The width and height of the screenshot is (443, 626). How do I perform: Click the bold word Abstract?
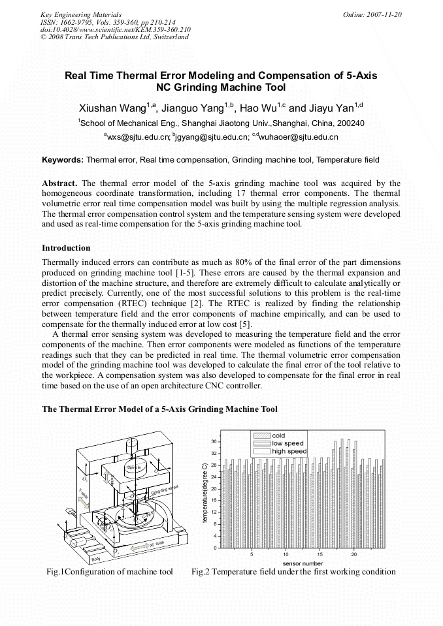pos(60,183)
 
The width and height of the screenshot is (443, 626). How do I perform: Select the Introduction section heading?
pos(66,248)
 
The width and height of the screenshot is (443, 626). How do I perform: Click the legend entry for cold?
pos(278,435)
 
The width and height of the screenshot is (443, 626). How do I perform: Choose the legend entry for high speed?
pos(289,451)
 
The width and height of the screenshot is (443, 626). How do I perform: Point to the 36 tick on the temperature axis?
pos(214,442)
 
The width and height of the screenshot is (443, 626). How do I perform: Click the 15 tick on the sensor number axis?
pos(320,554)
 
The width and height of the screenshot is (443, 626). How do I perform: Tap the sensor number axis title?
pos(303,563)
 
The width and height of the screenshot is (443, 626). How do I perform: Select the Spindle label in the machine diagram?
pos(134,467)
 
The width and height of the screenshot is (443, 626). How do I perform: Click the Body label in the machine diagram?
pos(97,558)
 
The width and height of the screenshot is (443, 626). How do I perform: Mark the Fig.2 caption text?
pos(293,572)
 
